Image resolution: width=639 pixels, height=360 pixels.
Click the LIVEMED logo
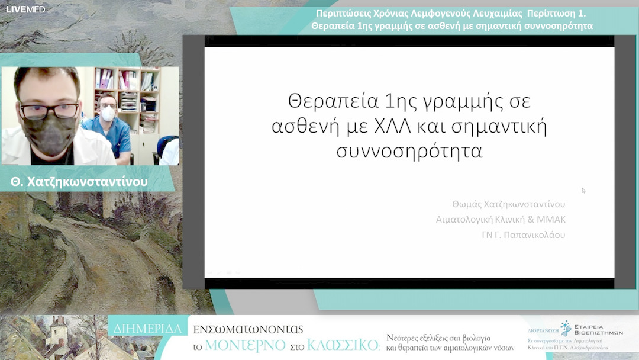pyautogui.click(x=25, y=9)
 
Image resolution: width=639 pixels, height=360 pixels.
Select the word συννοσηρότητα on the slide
pyautogui.click(x=409, y=150)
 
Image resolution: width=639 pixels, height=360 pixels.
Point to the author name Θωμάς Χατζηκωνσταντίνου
pyautogui.click(x=508, y=204)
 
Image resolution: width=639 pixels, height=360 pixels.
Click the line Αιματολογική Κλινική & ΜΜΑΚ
pyautogui.click(x=501, y=220)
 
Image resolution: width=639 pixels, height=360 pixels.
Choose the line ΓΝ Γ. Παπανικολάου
pyautogui.click(x=524, y=234)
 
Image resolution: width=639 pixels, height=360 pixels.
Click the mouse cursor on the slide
pyautogui.click(x=583, y=190)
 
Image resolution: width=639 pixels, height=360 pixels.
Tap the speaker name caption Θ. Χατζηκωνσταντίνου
pyautogui.click(x=79, y=182)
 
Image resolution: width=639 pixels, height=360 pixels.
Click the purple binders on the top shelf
pyautogui.click(x=106, y=79)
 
